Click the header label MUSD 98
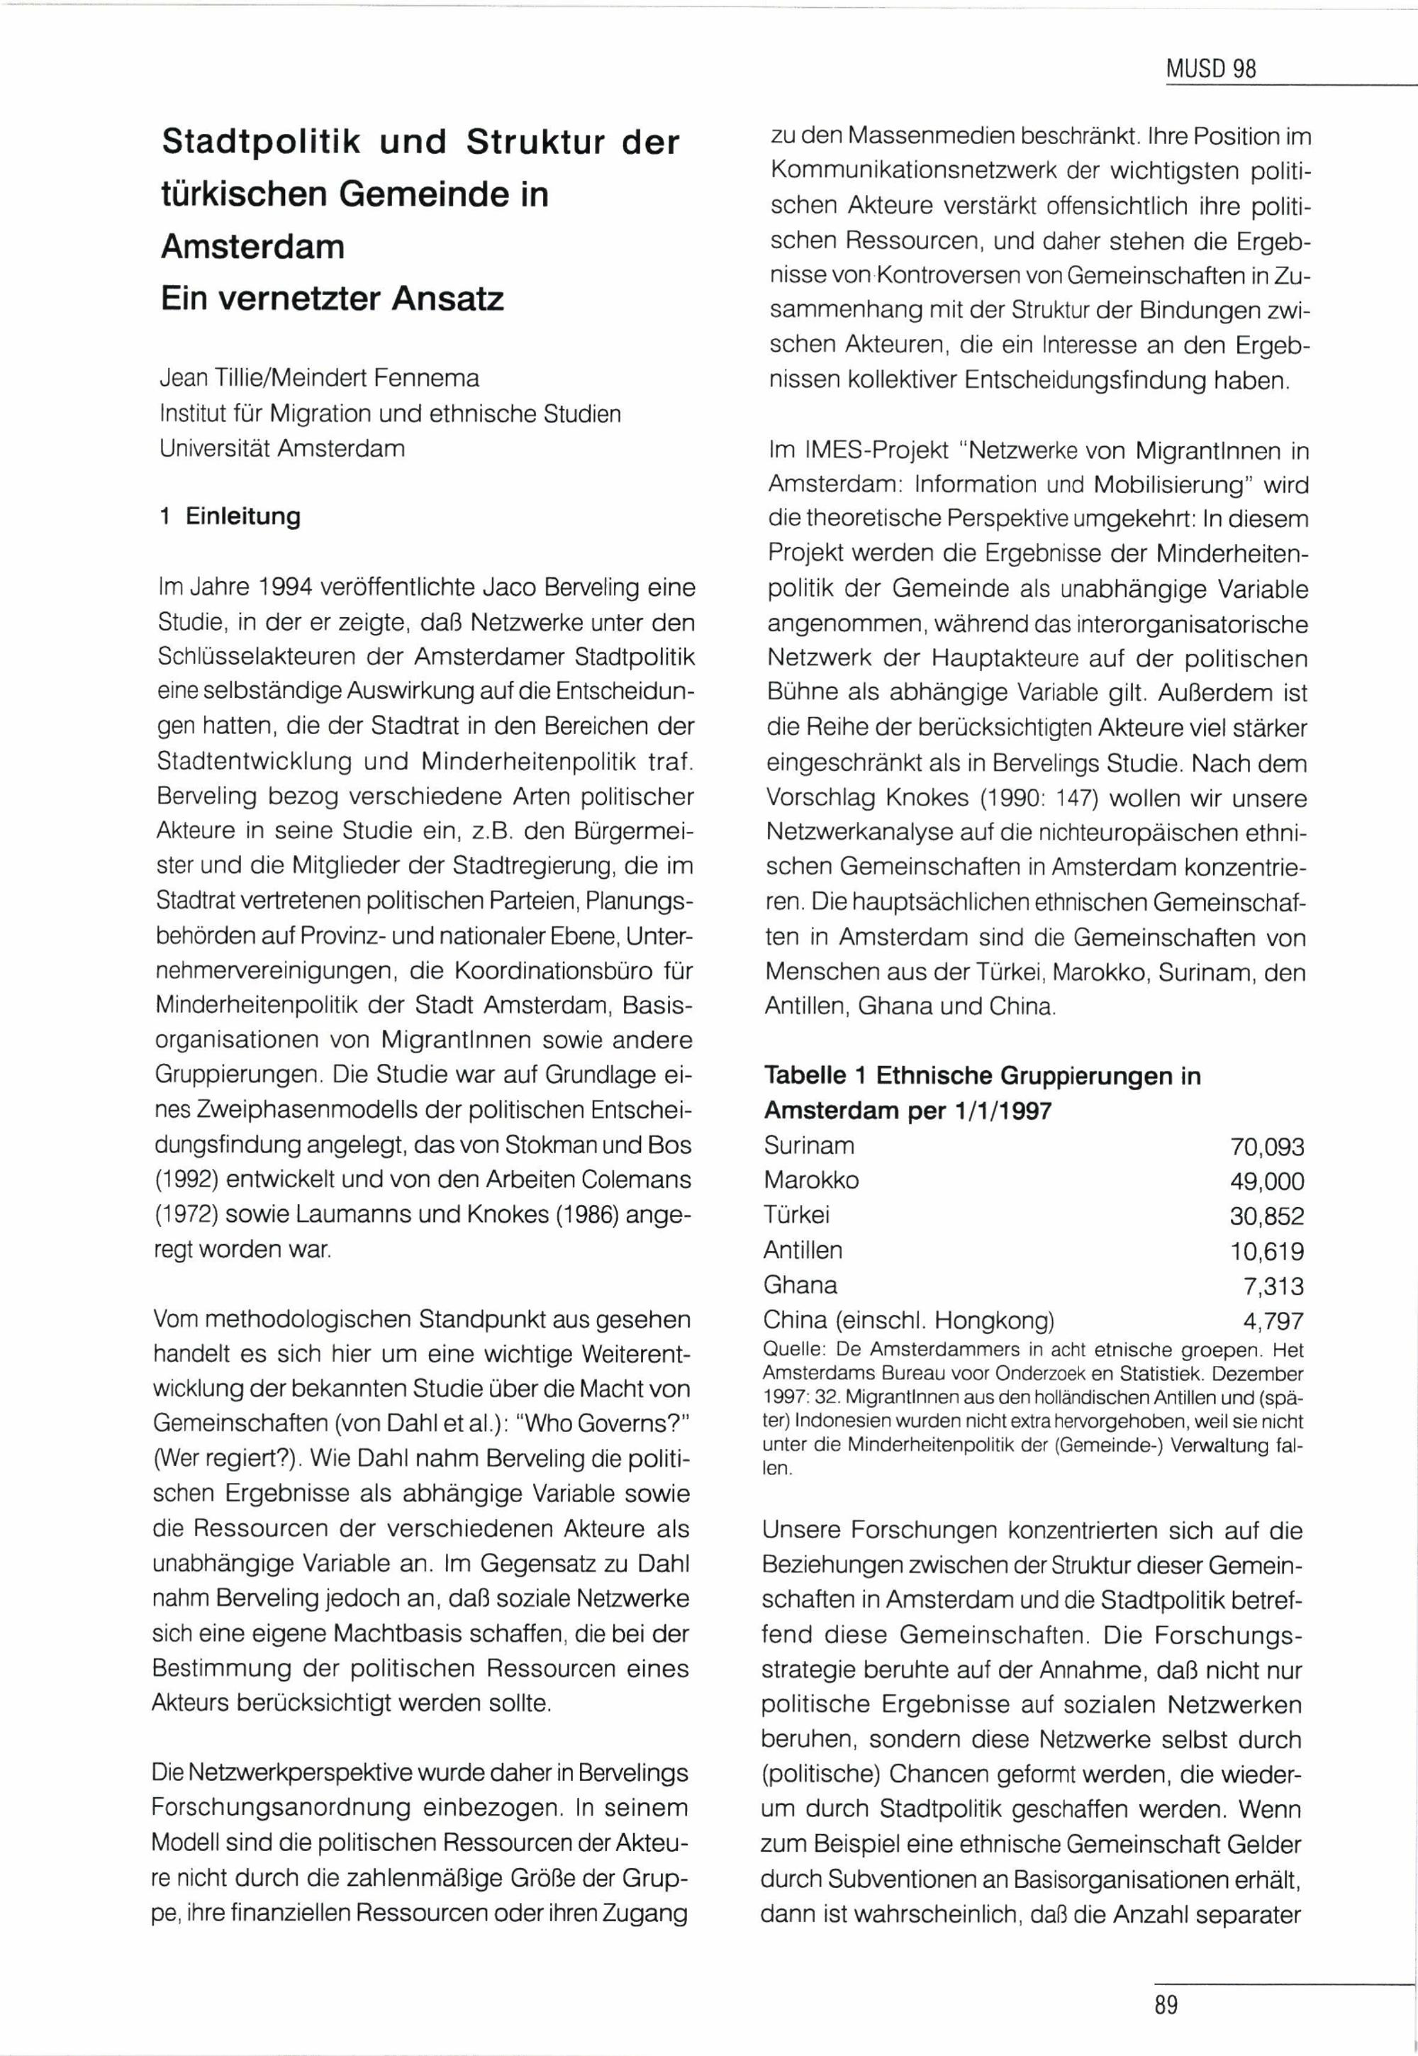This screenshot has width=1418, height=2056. [1212, 70]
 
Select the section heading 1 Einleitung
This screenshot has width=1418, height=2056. [229, 516]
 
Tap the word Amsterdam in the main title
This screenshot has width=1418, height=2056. [252, 245]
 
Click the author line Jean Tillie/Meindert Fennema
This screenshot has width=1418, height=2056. [319, 379]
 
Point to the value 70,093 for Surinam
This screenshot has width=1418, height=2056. [1267, 1147]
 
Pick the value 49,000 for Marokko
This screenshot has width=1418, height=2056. [1267, 1182]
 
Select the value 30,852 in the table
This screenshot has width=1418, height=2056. [1267, 1216]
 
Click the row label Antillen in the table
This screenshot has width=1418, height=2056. [803, 1250]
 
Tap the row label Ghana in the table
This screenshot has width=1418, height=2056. [800, 1285]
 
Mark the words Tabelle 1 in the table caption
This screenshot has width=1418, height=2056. [815, 1076]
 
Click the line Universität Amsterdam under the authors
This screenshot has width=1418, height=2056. [281, 449]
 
